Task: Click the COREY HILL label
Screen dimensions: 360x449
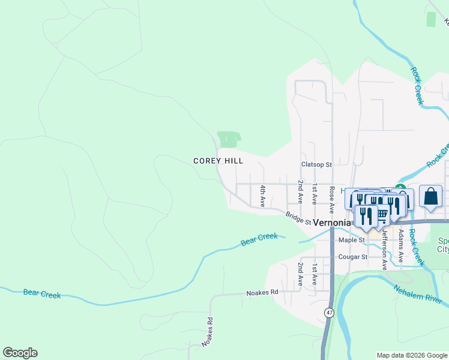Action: pyautogui.click(x=218, y=161)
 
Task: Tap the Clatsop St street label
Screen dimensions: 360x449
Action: pyautogui.click(x=316, y=164)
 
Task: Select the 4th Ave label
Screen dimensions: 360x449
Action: pyautogui.click(x=262, y=196)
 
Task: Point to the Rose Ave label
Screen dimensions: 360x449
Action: pyautogui.click(x=331, y=199)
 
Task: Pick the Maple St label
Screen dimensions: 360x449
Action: pyautogui.click(x=352, y=240)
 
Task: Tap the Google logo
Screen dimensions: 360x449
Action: pyautogui.click(x=20, y=353)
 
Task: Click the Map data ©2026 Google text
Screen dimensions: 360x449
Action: pyautogui.click(x=411, y=355)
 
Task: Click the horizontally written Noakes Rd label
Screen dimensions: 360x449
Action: pyautogui.click(x=262, y=293)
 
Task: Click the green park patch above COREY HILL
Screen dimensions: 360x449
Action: pyautogui.click(x=228, y=139)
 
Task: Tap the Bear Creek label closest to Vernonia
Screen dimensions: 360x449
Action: pyautogui.click(x=259, y=239)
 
